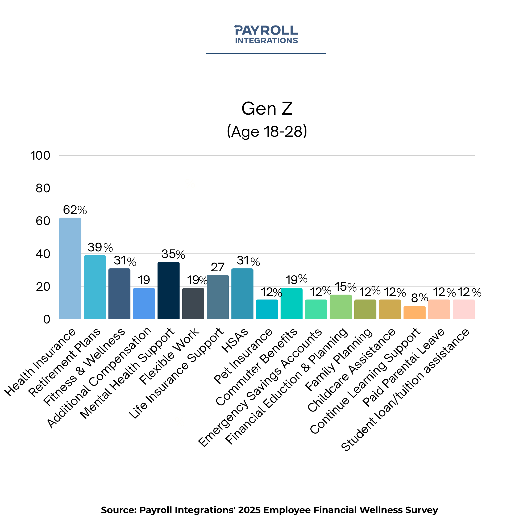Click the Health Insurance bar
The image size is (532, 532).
[70, 268]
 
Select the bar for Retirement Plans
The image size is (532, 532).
[95, 287]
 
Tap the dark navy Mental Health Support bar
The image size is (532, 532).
[169, 290]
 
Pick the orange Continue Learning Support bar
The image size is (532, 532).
[414, 313]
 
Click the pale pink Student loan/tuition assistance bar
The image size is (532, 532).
[464, 310]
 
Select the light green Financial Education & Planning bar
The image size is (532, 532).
[341, 307]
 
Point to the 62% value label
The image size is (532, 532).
[75, 210]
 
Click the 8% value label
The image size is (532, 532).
[419, 298]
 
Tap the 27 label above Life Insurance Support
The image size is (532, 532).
[218, 267]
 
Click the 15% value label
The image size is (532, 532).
[346, 287]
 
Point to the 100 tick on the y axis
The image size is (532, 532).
[40, 156]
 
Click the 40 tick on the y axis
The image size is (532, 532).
[43, 254]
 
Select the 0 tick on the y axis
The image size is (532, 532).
[47, 319]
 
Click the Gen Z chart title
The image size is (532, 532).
[267, 109]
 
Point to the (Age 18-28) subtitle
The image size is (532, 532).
[267, 131]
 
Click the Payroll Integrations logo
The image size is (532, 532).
[266, 34]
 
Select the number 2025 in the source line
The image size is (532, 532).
[249, 510]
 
